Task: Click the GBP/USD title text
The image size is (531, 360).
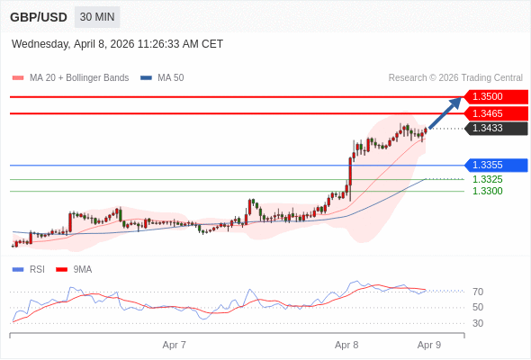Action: point(39,17)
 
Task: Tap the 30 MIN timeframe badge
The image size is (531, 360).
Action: point(97,17)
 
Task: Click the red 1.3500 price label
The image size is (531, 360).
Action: point(496,97)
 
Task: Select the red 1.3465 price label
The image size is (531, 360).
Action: point(496,113)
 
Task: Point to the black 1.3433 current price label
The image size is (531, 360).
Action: point(496,129)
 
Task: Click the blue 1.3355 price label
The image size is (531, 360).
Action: point(496,166)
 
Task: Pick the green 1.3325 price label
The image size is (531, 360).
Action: point(488,179)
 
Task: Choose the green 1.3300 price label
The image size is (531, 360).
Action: point(488,191)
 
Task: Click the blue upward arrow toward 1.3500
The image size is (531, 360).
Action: point(445,113)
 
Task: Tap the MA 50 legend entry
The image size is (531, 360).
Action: point(162,78)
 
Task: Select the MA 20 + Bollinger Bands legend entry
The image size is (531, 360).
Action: point(70,78)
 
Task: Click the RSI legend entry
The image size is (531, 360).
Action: point(29,270)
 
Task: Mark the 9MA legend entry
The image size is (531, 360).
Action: point(74,270)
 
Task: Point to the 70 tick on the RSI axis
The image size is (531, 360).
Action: point(478,292)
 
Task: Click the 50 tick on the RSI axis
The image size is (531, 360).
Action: point(478,307)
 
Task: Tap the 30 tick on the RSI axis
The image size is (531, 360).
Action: point(478,323)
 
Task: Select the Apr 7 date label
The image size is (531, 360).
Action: point(174,345)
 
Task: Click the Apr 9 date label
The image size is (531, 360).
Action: point(429,345)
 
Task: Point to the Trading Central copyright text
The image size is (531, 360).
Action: point(455,78)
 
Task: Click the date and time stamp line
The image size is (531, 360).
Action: point(117,44)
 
